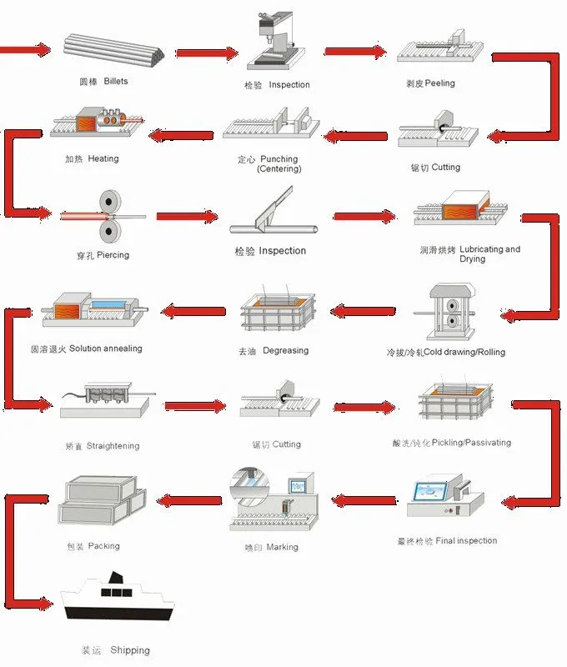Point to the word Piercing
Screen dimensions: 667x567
pyautogui.click(x=113, y=254)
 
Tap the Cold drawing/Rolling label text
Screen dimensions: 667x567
pyautogui.click(x=458, y=352)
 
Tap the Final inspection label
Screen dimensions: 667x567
pyautogui.click(x=466, y=541)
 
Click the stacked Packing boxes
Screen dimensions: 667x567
pyautogui.click(x=102, y=503)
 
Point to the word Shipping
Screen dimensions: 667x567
pyautogui.click(x=129, y=650)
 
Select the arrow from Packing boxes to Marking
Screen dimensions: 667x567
pyautogui.click(x=188, y=501)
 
